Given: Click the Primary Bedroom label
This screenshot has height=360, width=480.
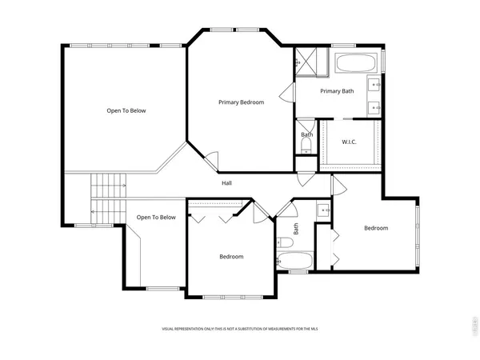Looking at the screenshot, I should click(x=242, y=102).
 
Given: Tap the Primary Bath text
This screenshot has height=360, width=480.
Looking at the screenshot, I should click(x=337, y=91).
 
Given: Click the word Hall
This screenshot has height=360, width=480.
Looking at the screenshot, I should click(x=227, y=183).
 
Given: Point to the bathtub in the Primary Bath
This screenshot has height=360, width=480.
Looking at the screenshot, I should click(x=358, y=64).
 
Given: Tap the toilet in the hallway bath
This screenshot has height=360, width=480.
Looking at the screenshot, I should click(x=284, y=242).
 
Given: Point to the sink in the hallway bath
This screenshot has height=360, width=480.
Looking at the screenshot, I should click(x=322, y=211).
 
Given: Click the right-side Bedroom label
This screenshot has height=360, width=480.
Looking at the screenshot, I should click(x=376, y=228).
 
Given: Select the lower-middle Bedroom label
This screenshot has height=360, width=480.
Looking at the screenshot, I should click(x=231, y=256).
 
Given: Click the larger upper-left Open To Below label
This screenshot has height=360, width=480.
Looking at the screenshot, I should click(x=126, y=110).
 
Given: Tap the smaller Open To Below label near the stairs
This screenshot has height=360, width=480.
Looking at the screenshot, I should click(x=156, y=217).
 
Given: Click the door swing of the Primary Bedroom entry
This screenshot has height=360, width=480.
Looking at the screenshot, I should click(x=210, y=160).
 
